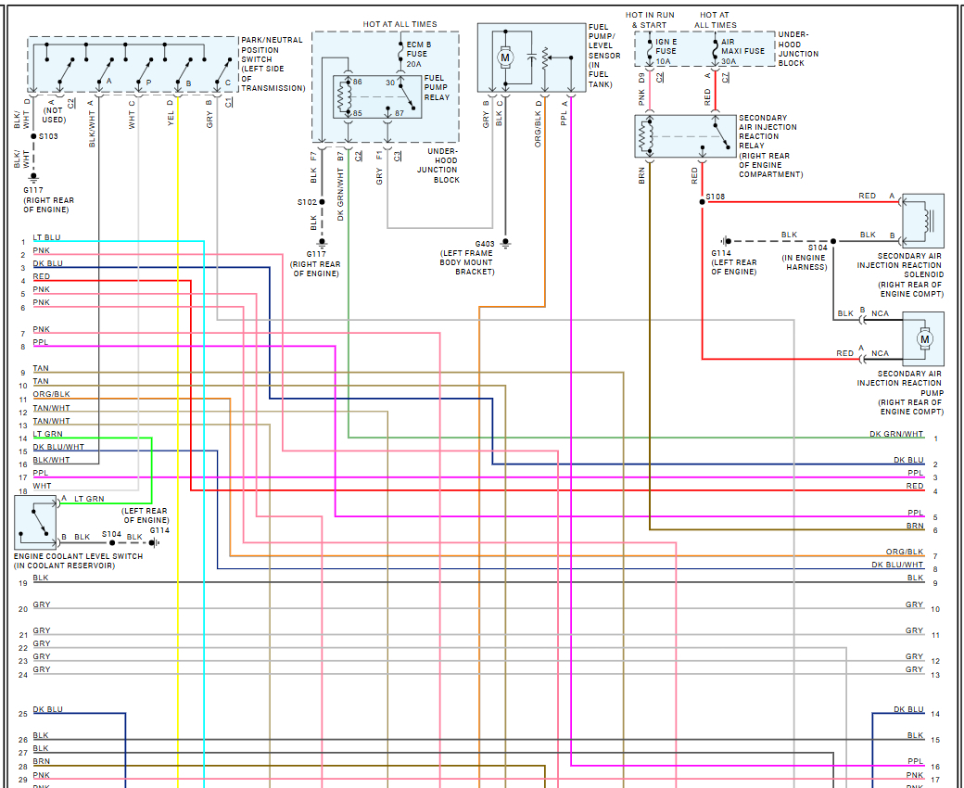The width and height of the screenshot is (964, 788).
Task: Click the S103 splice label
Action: coord(48,136)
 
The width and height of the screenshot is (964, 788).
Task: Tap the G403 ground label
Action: coord(485,244)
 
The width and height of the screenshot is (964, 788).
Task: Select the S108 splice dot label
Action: coord(715,197)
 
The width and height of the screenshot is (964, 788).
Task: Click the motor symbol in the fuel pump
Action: coord(505,57)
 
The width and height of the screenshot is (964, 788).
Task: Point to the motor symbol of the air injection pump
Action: coord(924,339)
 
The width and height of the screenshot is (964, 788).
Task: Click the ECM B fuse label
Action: coord(419,44)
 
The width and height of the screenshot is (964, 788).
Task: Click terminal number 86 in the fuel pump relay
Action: coord(357,83)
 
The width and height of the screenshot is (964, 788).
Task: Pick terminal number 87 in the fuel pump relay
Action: coord(399,112)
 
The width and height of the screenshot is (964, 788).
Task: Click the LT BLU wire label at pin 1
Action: coord(46,238)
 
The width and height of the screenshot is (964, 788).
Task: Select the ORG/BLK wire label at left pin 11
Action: coord(51,395)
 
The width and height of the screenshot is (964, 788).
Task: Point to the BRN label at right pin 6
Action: coord(915,526)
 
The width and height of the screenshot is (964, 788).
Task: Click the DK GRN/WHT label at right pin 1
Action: coord(896,434)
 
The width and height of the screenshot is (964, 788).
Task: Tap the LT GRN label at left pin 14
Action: coord(48,434)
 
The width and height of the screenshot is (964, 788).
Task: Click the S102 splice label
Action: coord(307,202)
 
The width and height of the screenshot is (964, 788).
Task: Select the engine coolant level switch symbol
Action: coord(34,520)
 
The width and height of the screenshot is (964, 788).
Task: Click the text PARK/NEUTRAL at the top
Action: coord(273,41)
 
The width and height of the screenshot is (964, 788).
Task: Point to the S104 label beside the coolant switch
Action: coord(111,534)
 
